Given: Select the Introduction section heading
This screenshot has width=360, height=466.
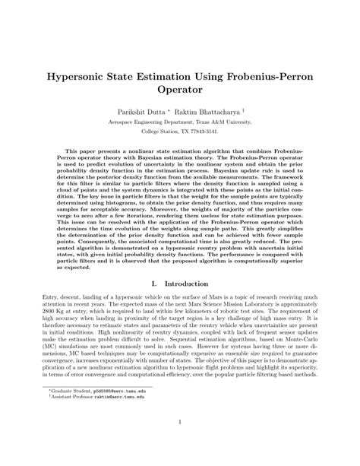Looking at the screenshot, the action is pyautogui.click(x=190, y=284).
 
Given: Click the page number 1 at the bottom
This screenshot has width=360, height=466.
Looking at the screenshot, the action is pyautogui.click(x=180, y=424).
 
